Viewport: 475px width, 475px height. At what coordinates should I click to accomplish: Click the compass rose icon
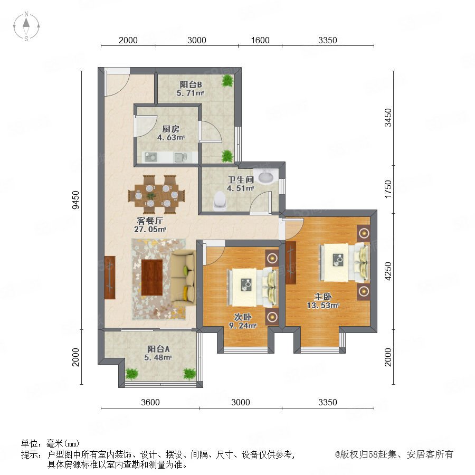[26, 26]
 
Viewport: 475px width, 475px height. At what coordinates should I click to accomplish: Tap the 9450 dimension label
[75, 200]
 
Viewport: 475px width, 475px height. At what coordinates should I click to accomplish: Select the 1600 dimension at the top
[260, 40]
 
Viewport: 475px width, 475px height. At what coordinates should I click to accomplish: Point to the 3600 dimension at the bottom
[150, 402]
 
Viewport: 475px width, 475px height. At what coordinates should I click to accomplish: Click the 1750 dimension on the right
[388, 189]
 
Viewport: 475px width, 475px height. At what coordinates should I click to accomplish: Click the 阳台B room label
[191, 85]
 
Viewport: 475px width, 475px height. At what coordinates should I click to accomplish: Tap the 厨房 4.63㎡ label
[171, 134]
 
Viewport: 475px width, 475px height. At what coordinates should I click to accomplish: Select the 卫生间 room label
[241, 179]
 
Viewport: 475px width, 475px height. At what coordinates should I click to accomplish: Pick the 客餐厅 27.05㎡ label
[150, 225]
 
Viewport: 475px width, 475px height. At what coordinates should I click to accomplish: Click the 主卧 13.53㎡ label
[322, 301]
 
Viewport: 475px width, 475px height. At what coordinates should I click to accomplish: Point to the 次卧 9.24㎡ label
[243, 321]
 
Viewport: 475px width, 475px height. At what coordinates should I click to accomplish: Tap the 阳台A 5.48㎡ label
[158, 353]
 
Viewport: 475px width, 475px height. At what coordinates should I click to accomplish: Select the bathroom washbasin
[266, 176]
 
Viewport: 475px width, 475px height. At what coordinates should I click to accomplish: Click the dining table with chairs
[156, 195]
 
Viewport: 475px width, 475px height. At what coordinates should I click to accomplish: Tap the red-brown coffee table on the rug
[152, 277]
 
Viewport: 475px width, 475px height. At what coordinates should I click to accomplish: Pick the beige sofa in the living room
[183, 278]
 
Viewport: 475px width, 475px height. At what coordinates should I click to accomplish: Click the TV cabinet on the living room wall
[110, 278]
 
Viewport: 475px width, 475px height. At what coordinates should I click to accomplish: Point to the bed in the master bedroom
[345, 262]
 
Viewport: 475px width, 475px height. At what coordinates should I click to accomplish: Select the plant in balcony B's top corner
[227, 81]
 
